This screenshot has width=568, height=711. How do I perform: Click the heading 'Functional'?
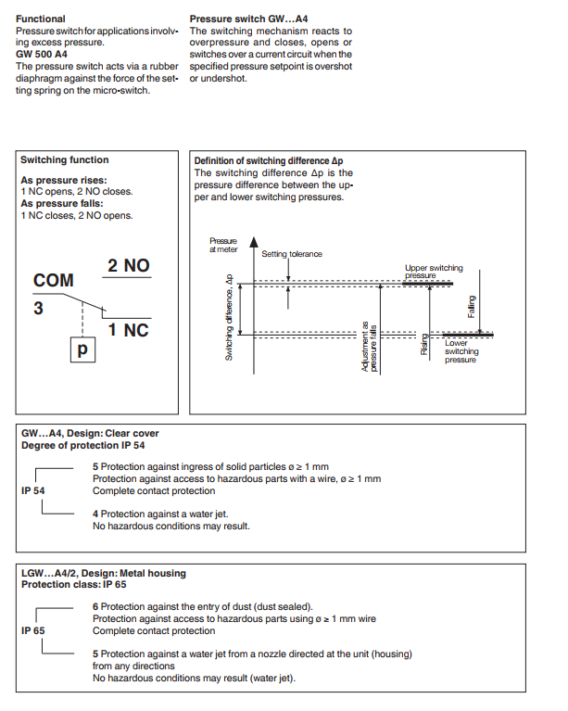41,19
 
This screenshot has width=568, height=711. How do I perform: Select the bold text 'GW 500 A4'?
43,55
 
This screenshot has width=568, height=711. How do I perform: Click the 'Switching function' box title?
65,160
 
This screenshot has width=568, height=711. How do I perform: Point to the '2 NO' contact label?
129,266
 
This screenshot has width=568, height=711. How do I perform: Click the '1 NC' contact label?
129,330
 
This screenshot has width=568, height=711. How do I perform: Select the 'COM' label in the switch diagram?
53,280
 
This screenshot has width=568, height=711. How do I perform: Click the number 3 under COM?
38,309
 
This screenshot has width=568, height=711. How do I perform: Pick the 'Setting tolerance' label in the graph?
292,254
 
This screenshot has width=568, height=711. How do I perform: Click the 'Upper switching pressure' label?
434,272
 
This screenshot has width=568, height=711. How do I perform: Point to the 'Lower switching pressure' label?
461,351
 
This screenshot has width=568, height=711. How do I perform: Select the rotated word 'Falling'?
472,307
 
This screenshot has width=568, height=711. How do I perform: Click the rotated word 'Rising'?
424,345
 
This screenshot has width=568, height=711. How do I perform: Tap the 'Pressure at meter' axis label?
223,244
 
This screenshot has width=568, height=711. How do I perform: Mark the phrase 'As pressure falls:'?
61,203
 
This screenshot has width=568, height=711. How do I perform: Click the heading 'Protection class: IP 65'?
73,585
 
